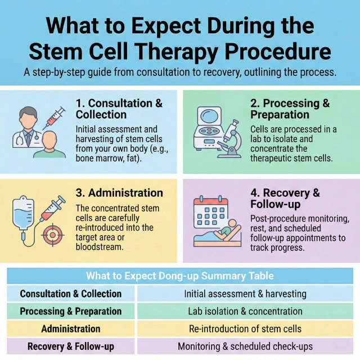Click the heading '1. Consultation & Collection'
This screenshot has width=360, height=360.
[x=119, y=109]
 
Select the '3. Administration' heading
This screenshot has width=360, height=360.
[x=119, y=193]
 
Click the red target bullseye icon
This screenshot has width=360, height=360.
[x=50, y=233]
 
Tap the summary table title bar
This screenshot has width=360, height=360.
[x=180, y=276]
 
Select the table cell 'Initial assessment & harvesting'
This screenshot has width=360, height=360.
[x=245, y=294]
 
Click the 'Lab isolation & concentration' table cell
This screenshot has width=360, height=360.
[x=245, y=311]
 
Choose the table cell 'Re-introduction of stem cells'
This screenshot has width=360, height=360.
[x=245, y=328]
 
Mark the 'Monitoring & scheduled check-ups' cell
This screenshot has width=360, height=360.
[x=245, y=346]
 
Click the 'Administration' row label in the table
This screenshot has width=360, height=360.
[x=71, y=328]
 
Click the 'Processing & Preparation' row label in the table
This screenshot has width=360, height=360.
[x=71, y=311]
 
